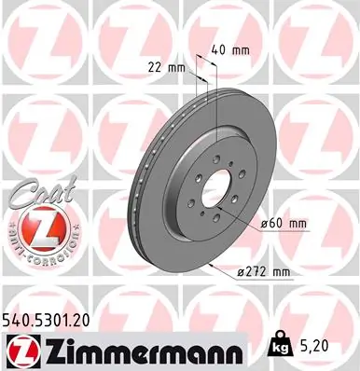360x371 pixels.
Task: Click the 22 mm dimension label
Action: pos(163,66)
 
